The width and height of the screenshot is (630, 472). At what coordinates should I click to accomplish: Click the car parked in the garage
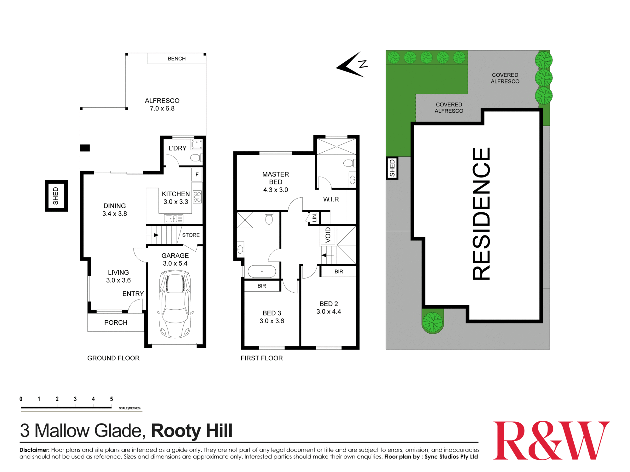(x=175, y=304)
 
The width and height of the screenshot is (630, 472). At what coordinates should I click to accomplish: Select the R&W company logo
(x=551, y=441)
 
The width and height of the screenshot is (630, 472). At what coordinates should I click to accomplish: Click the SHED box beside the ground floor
(x=56, y=196)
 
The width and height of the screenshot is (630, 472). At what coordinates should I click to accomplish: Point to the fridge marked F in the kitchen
(x=197, y=175)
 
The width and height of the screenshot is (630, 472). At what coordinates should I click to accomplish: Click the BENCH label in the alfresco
(x=177, y=59)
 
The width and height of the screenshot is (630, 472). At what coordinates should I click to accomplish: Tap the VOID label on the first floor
(x=328, y=235)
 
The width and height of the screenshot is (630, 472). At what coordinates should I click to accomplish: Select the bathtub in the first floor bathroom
(x=262, y=271)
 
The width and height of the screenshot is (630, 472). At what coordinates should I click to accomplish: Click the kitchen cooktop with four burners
(x=198, y=197)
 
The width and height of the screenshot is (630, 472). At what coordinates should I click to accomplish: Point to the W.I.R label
(x=331, y=199)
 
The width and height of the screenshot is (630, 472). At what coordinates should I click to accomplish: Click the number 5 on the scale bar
(x=112, y=399)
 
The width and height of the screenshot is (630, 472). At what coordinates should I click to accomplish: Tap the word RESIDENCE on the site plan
(x=481, y=214)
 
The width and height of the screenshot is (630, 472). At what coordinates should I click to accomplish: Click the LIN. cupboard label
(x=314, y=217)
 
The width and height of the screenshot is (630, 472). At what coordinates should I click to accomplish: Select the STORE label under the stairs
(x=191, y=235)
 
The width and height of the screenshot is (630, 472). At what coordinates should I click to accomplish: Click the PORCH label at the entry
(x=116, y=323)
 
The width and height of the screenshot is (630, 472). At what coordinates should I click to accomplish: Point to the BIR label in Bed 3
(x=262, y=286)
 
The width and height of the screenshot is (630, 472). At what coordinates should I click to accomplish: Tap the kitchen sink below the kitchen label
(x=172, y=219)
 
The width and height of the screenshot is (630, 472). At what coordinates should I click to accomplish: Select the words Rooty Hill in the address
(x=192, y=431)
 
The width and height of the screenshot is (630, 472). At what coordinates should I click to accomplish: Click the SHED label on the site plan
(x=392, y=168)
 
